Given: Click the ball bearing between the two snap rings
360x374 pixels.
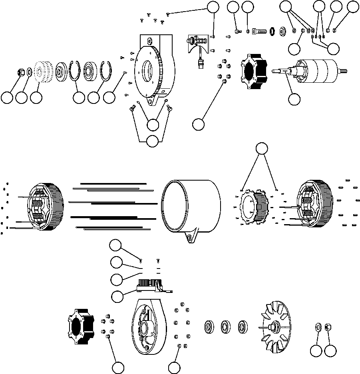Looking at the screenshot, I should click(x=91, y=72).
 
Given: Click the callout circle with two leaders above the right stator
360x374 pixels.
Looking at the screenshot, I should click(x=261, y=149).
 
